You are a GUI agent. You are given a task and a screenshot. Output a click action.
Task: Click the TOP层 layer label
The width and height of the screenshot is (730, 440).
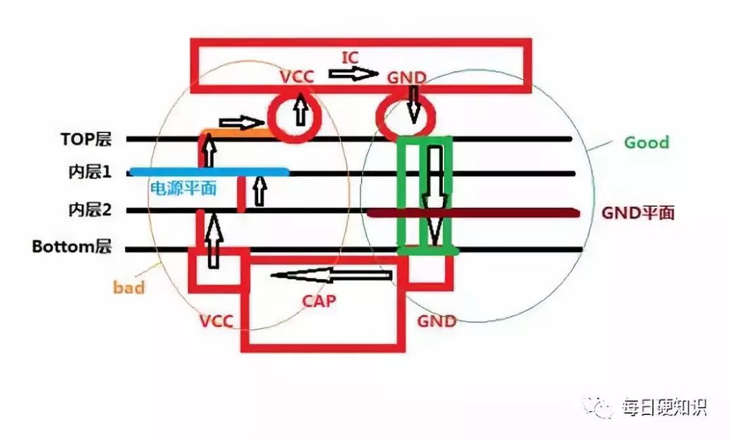point(84,140)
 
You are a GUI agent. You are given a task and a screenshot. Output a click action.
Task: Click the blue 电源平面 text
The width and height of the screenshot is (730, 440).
point(182,189)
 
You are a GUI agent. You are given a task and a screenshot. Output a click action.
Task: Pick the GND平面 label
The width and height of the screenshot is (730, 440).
point(637,213)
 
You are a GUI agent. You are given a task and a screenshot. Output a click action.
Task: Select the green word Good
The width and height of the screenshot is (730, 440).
point(646,143)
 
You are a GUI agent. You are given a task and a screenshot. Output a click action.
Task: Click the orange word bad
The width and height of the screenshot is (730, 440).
point(128,288)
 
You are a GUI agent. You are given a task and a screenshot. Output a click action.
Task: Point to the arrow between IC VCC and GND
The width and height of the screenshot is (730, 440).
point(354,73)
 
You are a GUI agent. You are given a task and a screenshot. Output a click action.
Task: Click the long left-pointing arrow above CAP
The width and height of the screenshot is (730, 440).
point(331,275)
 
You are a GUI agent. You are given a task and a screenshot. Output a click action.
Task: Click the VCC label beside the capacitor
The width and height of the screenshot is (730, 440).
point(216,321)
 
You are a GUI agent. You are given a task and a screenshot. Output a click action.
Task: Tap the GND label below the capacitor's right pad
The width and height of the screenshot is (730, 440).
point(436,321)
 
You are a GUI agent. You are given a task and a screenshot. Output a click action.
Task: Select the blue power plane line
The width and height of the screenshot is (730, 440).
point(210,172)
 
